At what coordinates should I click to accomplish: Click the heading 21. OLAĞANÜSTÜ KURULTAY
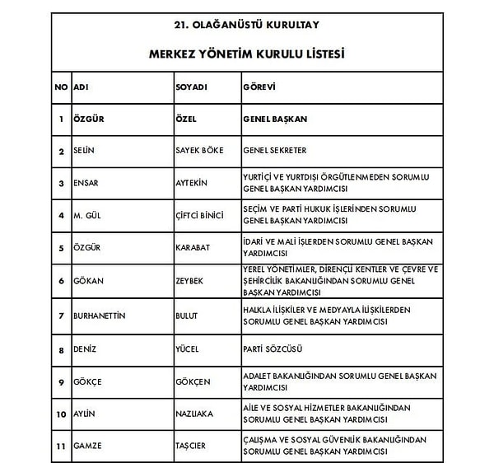(247, 24)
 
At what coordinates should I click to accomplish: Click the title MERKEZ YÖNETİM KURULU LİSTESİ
(247, 54)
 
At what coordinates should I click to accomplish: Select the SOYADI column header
(191, 87)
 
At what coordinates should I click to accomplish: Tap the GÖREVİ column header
(259, 87)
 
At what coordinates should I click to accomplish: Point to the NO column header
(61, 87)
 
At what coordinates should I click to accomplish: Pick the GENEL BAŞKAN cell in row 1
(275, 119)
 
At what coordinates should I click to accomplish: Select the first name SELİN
(86, 151)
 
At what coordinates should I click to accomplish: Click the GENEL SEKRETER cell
(275, 151)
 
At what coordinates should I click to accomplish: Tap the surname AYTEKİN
(192, 183)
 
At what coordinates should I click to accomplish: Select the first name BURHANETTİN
(102, 316)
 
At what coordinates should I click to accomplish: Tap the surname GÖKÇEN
(193, 381)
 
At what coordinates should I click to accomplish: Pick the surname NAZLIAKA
(194, 414)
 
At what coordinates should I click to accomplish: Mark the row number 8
(61, 348)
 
